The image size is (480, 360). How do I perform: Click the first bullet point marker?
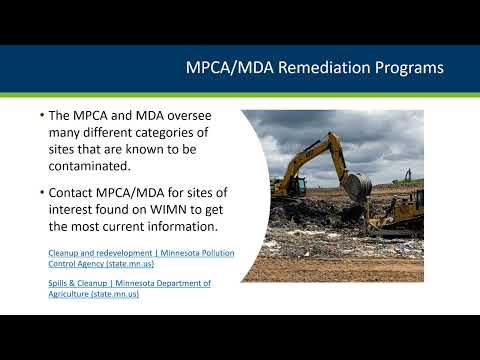[42, 116]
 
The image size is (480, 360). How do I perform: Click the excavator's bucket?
[357, 185]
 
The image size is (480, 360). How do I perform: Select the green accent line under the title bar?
[240, 94]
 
